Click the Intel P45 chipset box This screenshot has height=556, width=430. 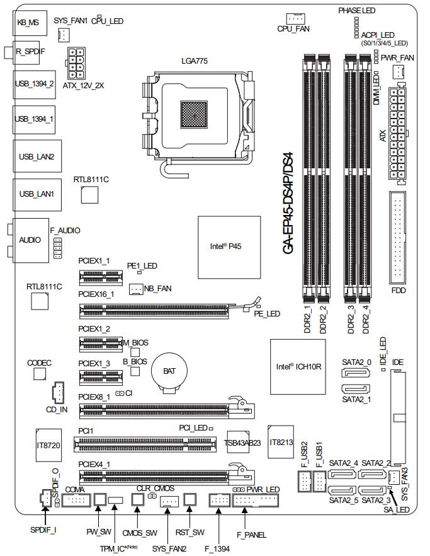click(x=229, y=247)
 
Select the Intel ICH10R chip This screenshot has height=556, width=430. click(x=297, y=366)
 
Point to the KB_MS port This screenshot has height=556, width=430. click(x=28, y=22)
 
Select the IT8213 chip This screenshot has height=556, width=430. click(x=281, y=442)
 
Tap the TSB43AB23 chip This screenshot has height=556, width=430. click(x=242, y=443)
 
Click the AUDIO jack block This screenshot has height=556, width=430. click(x=30, y=240)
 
